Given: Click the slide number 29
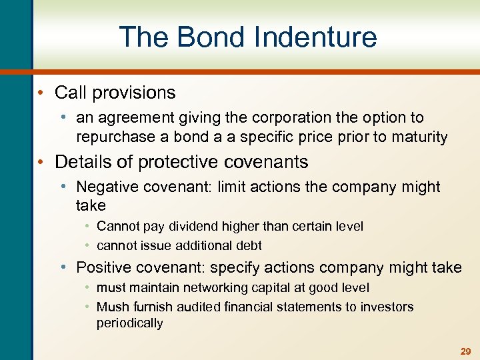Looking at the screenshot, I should pos(465,351).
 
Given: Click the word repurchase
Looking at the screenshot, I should pos(111,137).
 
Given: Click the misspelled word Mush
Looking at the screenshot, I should pos(112,307).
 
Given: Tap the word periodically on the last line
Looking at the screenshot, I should pos(129,323).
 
